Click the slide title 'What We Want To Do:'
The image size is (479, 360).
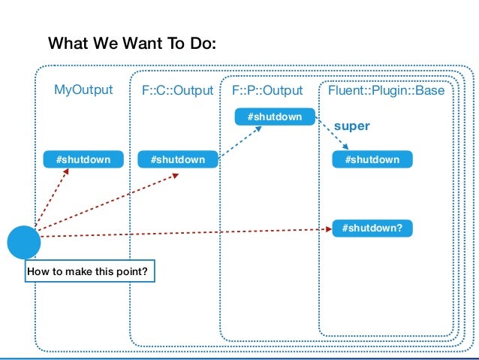[x=132, y=44]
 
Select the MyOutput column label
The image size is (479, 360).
[x=83, y=91]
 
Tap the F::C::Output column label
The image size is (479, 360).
[x=178, y=91]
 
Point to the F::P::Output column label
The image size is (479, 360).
[x=267, y=91]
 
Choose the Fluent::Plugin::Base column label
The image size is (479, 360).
[x=387, y=91]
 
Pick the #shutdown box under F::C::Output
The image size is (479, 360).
[x=178, y=159]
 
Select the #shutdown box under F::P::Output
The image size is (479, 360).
[x=274, y=116]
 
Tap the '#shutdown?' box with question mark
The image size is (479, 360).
[x=372, y=225]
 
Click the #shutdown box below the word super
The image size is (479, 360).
[x=372, y=159]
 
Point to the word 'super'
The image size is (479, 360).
[x=351, y=128]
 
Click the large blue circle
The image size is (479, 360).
[x=24, y=241]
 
